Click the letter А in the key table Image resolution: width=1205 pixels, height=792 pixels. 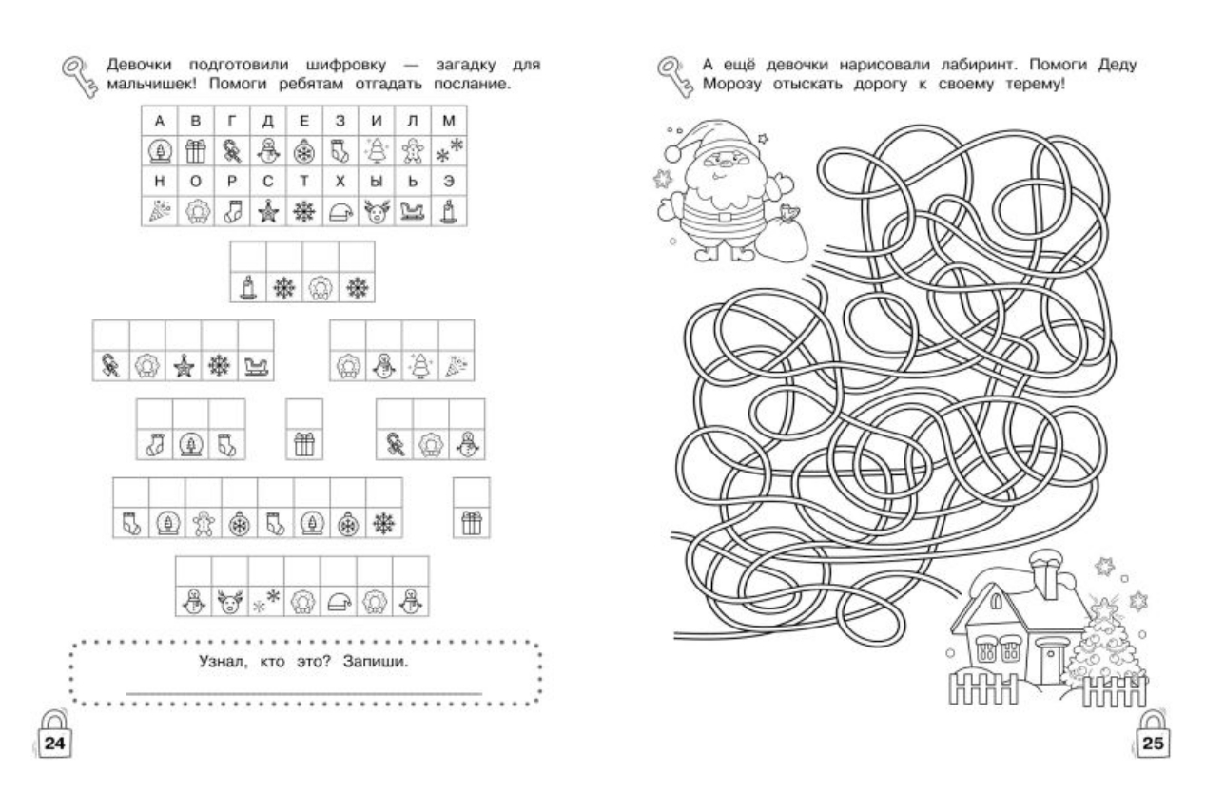coord(159,121)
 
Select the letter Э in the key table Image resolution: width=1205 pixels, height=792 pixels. coord(449,182)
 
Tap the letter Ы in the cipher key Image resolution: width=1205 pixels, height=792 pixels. coord(376,182)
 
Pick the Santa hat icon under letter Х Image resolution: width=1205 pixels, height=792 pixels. coord(340,212)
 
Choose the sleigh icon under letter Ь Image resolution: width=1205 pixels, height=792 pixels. coord(413,211)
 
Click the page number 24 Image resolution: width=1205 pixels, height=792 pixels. coord(54,744)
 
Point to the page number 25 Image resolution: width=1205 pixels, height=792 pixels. coord(1153,744)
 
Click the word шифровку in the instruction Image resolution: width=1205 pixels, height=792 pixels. coord(346,65)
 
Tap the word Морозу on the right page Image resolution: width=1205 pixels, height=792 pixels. coord(731,85)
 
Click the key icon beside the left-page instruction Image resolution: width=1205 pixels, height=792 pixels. coord(80,77)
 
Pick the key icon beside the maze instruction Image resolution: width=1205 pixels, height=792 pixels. coord(675,77)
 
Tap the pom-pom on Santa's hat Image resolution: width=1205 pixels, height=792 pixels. coord(672,154)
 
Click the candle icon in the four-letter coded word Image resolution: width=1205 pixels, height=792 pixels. coord(247,288)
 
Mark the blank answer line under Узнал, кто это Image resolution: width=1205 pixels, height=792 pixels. coord(304,694)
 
